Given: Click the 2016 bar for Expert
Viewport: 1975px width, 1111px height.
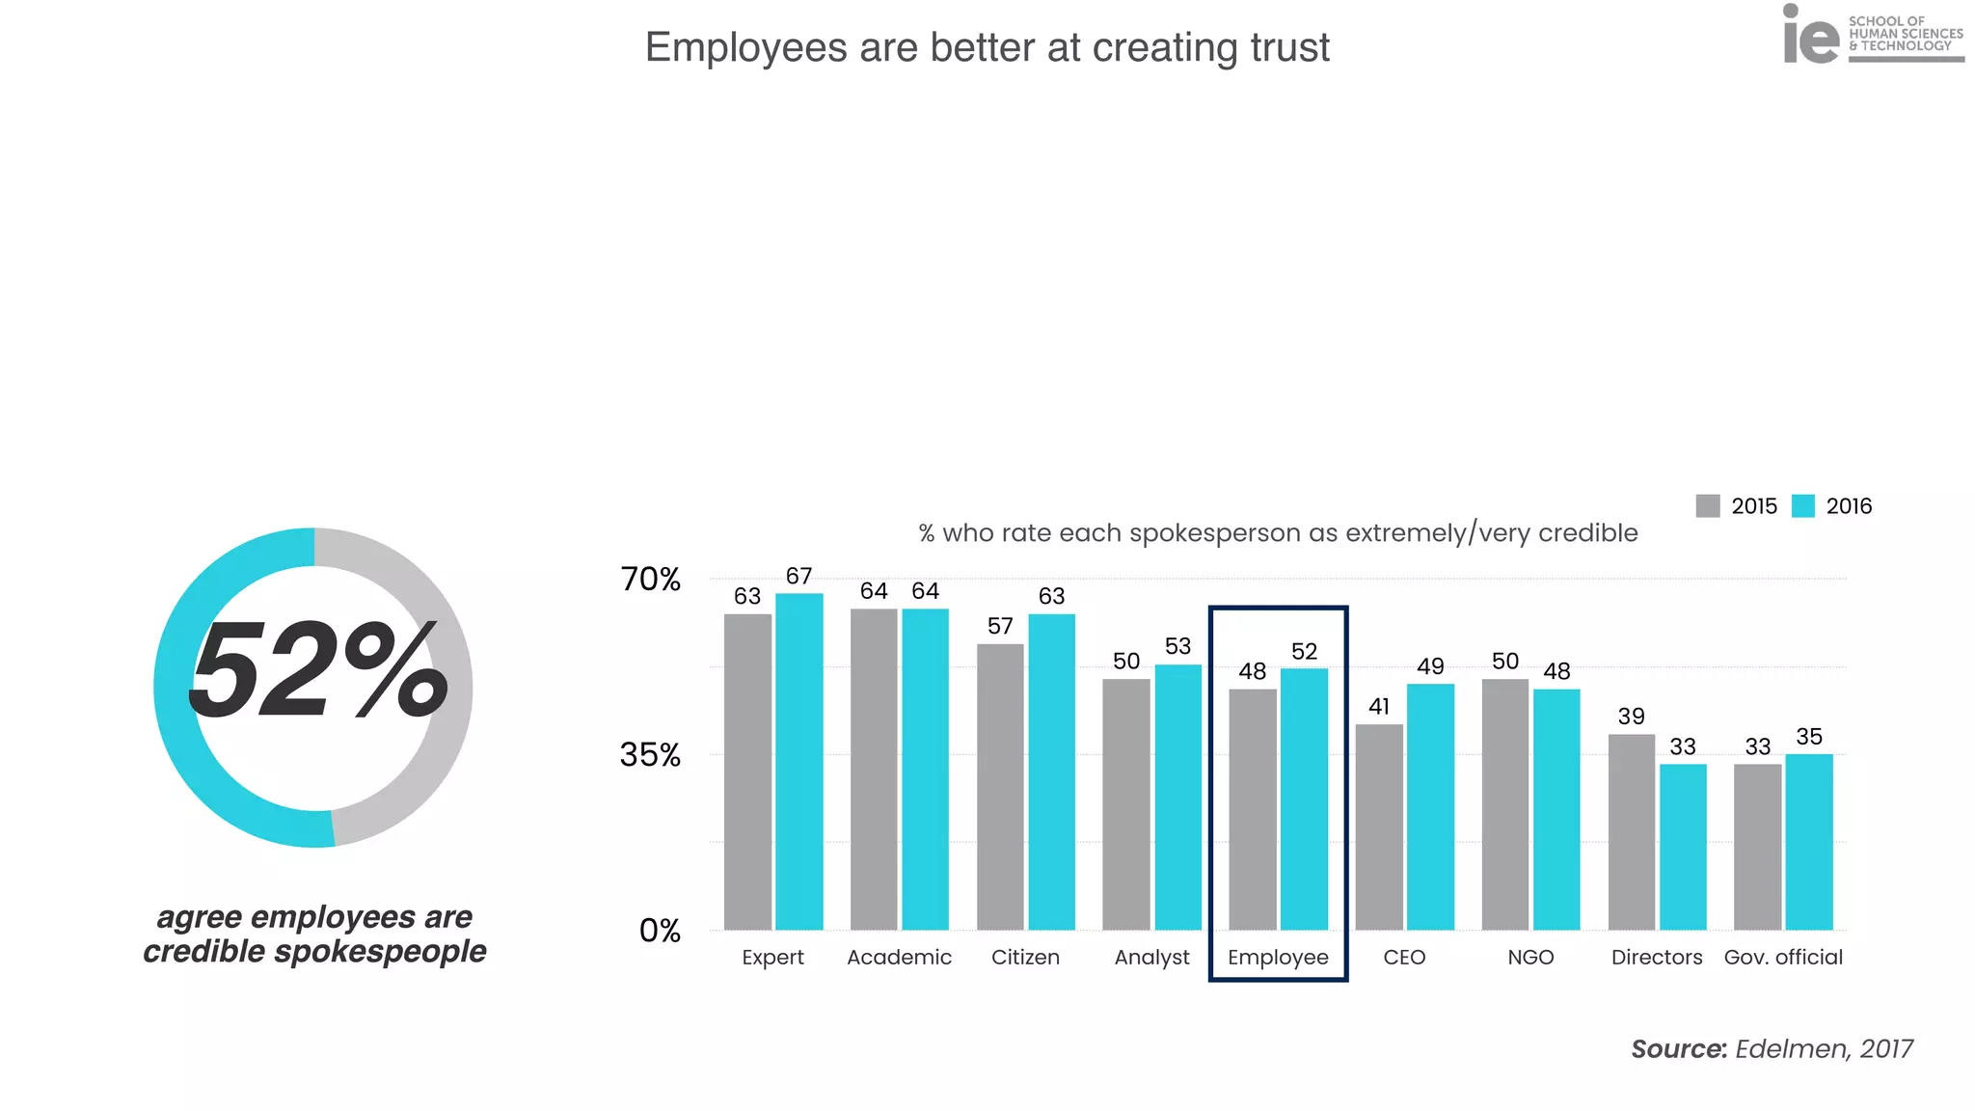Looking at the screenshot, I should point(798,762).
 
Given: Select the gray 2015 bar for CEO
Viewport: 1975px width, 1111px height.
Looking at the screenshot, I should point(1379,826).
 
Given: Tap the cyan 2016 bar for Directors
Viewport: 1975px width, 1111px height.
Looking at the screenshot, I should point(1683,847).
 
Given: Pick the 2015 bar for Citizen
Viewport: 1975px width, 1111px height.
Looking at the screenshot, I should point(1000,786).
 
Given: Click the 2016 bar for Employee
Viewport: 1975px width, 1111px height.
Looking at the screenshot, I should point(1304,799).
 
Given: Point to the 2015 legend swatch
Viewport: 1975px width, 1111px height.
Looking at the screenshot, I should point(1708,506).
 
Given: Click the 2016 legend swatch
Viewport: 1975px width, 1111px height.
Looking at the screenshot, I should point(1802,506).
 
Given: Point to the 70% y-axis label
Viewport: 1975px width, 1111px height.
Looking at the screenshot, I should point(650,580).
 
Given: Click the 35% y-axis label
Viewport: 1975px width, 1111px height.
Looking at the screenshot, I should point(650,755).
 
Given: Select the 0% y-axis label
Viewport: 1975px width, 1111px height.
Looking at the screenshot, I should point(660,931).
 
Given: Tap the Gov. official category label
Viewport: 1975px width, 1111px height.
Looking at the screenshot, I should point(1783,958).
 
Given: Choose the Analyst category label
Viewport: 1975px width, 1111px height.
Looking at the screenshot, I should point(1151,958).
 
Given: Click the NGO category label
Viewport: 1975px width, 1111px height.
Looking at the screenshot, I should point(1530,958).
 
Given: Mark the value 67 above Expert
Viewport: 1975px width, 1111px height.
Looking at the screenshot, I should point(798,577).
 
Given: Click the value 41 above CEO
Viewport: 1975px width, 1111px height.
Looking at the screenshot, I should point(1379,707).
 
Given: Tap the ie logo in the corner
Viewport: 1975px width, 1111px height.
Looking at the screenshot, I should point(1810,37).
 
